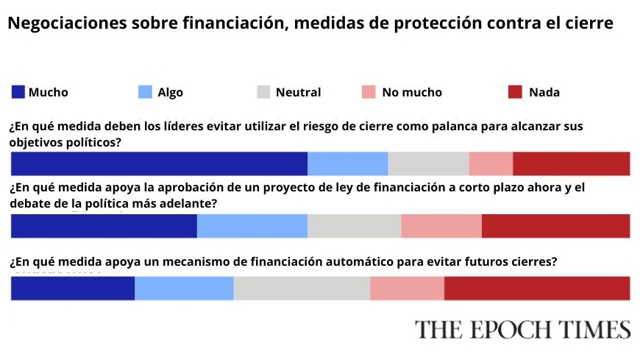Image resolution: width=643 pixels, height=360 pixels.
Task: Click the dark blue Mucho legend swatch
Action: point(18,92)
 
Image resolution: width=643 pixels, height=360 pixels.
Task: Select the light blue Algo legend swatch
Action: point(145,92)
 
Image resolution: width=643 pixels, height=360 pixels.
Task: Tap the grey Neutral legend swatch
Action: point(263,92)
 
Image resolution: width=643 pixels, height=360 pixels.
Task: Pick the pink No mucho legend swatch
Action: point(369,92)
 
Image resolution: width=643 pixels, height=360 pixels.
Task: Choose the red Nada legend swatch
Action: point(516,92)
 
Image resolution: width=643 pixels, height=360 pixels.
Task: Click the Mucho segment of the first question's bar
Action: point(159,163)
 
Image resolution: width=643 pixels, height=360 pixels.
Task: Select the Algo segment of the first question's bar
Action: point(347,163)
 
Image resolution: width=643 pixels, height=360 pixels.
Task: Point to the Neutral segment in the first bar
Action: point(428,163)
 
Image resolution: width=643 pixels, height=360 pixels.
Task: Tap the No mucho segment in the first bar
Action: point(491,163)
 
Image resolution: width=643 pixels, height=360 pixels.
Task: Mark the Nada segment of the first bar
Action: point(571,163)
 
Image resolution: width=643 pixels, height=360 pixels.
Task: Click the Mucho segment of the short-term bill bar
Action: point(104,226)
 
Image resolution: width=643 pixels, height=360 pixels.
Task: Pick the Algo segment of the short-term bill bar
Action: point(252,226)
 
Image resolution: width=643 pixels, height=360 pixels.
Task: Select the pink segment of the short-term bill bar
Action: point(441,226)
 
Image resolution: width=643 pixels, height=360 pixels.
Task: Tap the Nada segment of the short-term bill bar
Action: point(555,226)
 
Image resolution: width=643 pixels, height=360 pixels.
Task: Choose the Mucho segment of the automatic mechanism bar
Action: point(73,288)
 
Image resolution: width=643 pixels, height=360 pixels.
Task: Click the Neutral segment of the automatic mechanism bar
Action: point(302,288)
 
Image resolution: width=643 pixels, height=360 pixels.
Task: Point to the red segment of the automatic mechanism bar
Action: point(537,288)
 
